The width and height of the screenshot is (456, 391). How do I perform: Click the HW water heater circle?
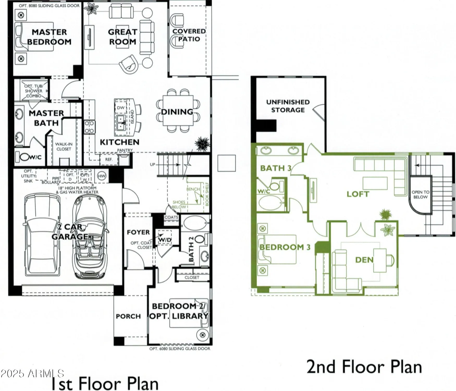click(102, 176)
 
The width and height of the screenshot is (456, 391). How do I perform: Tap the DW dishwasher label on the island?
click(120, 108)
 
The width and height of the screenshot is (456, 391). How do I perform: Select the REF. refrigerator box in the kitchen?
click(109, 159)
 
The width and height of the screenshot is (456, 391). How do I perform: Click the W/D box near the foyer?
click(165, 240)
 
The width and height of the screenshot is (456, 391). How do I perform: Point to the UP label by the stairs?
click(152, 164)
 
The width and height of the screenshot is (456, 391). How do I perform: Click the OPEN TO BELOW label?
click(420, 194)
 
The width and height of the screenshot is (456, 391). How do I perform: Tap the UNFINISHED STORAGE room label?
click(288, 106)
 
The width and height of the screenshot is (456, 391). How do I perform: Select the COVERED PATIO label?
click(189, 35)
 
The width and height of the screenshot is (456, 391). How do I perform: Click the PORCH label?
click(128, 316)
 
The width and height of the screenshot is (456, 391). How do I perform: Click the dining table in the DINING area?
click(178, 111)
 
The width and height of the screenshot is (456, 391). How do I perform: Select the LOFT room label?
click(358, 194)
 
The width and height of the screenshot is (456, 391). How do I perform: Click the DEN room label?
click(364, 260)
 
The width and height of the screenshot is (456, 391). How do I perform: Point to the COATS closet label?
click(171, 217)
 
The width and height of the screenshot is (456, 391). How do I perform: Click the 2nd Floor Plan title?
click(364, 367)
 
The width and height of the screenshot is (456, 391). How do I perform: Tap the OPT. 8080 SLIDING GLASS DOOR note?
click(49, 5)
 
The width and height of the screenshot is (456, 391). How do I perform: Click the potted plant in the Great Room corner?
click(91, 9)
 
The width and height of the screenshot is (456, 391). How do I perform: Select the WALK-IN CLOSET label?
click(64, 146)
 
